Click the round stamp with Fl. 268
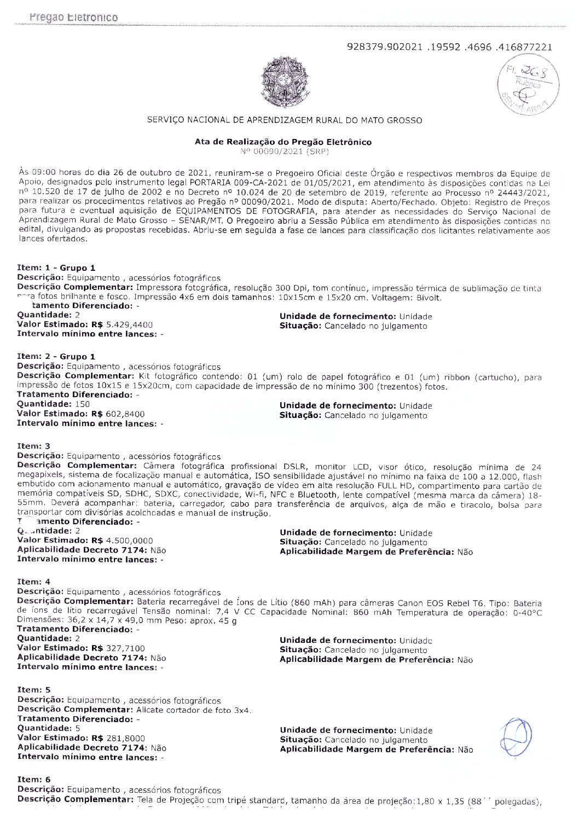point(528,86)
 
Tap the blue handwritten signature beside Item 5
point(515,736)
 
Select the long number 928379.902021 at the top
point(450,47)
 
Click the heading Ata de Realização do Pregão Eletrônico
point(283,142)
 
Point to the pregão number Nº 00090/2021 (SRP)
point(284,151)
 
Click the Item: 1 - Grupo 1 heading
point(56,268)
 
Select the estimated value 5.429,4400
point(129,324)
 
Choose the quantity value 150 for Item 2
point(83,404)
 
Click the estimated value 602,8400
point(125,414)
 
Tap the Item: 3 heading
point(34,446)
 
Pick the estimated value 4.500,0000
point(129,540)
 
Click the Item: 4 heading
point(34,582)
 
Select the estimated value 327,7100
point(125,648)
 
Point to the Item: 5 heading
point(34,689)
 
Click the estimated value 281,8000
point(125,737)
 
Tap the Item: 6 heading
point(34,779)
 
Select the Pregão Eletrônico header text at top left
point(74,18)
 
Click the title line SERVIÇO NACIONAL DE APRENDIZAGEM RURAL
point(285,120)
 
